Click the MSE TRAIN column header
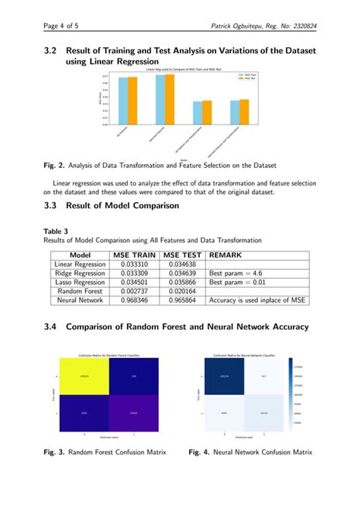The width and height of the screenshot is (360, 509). pos(134,256)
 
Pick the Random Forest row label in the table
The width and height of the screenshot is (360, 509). pos(80,291)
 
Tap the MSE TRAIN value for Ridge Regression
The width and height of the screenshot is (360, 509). pos(134,273)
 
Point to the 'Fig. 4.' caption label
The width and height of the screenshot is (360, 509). pos(201,452)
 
